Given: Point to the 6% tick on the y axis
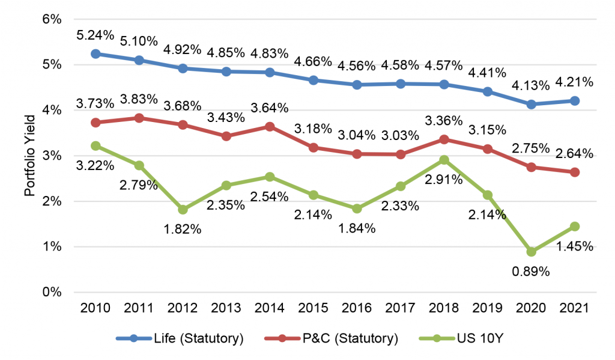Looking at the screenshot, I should click(x=52, y=19).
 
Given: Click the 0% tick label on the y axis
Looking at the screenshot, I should click(x=52, y=292).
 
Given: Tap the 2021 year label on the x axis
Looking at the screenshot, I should click(x=575, y=308).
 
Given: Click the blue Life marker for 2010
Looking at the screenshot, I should click(x=95, y=53).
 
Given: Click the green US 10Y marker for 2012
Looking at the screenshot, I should click(x=183, y=210).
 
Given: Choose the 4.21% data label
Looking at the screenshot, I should click(x=575, y=82).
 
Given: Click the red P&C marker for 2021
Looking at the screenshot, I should click(x=575, y=172).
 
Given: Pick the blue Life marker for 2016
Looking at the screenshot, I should click(x=357, y=85).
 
